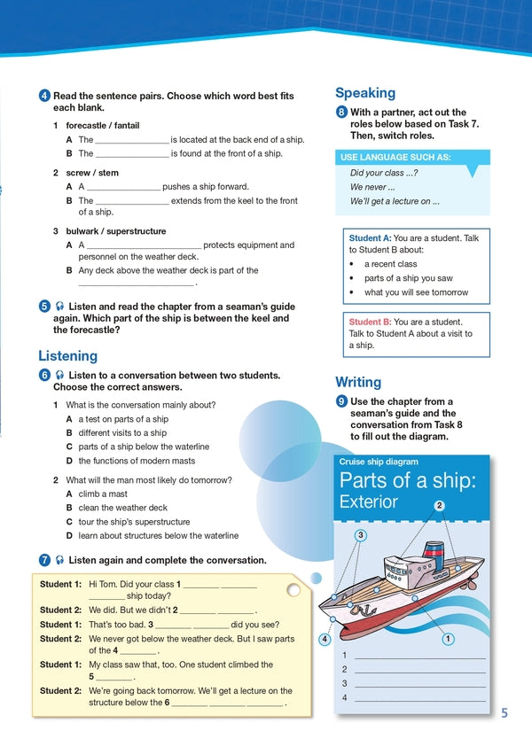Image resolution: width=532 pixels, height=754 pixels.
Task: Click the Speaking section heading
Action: [x=364, y=93]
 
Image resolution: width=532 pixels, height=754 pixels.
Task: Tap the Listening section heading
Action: [x=67, y=355]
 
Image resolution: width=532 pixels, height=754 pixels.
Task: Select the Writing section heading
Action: [x=358, y=382]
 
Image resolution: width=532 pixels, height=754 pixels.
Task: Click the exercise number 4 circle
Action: [x=44, y=96]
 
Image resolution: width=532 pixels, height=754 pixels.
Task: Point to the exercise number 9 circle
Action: [x=341, y=401]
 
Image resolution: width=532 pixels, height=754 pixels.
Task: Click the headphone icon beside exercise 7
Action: [x=59, y=560]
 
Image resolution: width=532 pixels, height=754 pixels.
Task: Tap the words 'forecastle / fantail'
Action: [x=102, y=125]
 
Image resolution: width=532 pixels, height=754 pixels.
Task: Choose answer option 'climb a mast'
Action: [x=102, y=494]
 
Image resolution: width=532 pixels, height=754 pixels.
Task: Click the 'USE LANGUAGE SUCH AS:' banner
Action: [x=395, y=157]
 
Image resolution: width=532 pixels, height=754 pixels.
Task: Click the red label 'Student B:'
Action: [x=370, y=322]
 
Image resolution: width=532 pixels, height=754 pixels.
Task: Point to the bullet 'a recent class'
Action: [x=390, y=264]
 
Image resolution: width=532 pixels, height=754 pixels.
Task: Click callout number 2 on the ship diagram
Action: [x=439, y=506]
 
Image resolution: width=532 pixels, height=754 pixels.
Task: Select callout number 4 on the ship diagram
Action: [x=325, y=640]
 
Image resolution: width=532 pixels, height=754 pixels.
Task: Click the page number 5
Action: [x=504, y=713]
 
